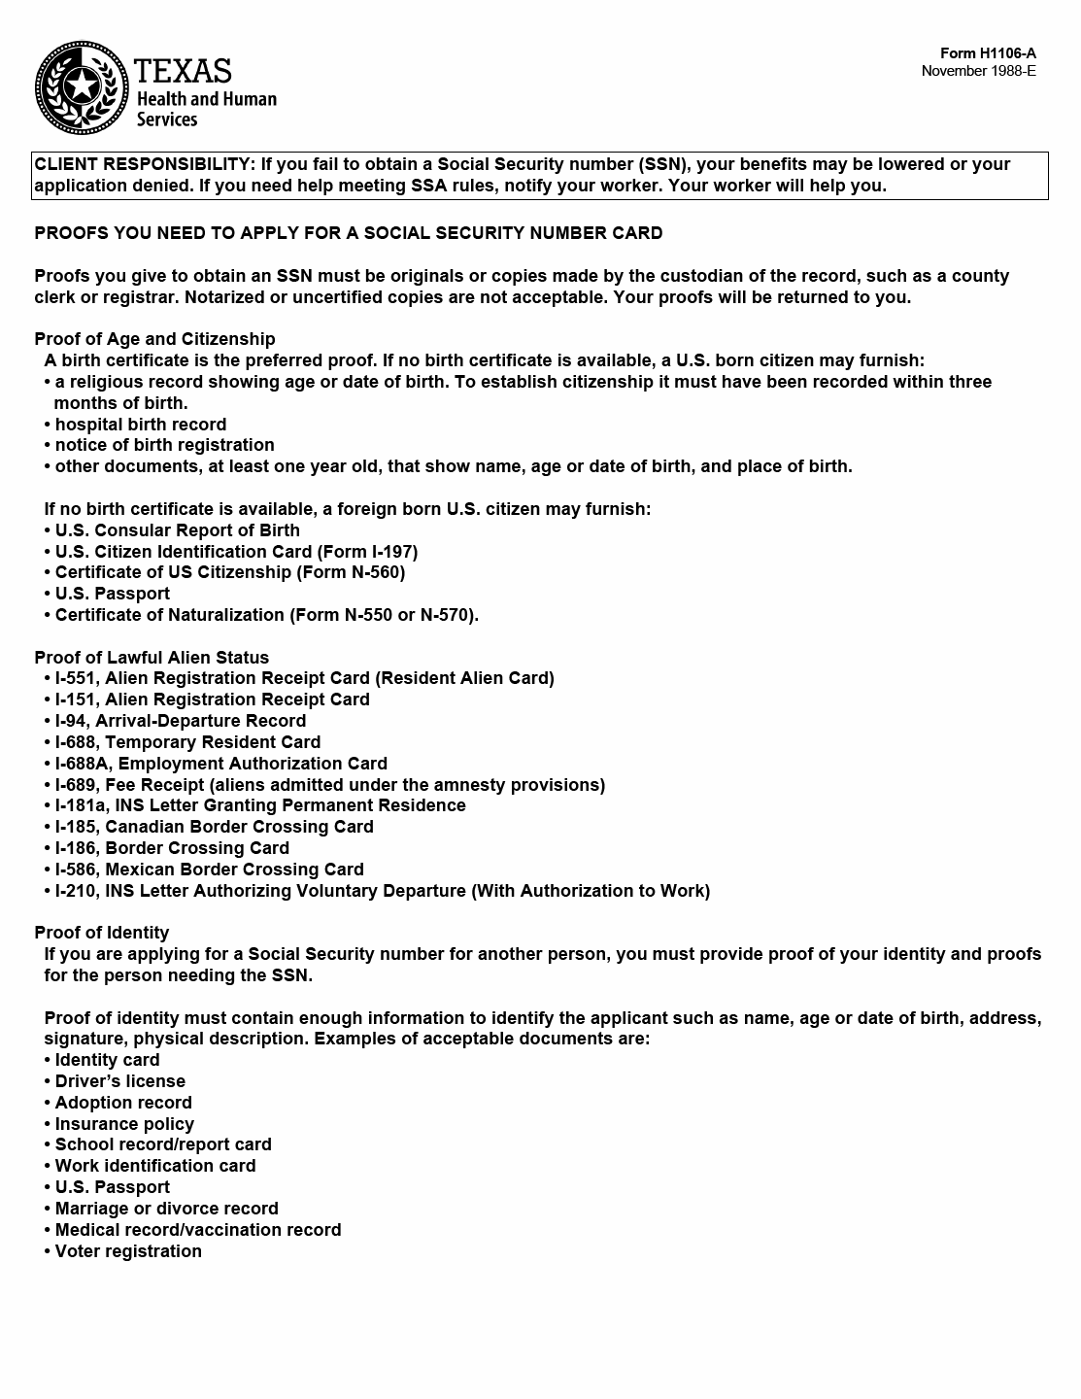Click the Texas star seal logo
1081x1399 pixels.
[x=82, y=88]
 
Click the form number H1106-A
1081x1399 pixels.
[x=988, y=53]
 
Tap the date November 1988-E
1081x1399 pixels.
[x=978, y=71]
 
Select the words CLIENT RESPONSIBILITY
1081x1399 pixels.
[x=143, y=164]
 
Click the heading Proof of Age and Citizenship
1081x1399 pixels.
[x=154, y=339]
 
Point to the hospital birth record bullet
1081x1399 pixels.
[x=140, y=425]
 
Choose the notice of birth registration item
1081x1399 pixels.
[x=164, y=445]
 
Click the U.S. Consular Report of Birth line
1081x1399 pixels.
[x=177, y=530]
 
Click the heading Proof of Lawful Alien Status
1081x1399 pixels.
[x=152, y=658]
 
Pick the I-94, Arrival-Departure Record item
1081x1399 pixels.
[x=180, y=721]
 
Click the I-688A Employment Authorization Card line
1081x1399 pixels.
[x=220, y=764]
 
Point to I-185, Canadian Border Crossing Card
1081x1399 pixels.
[x=214, y=827]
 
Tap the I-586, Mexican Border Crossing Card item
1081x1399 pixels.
[x=209, y=870]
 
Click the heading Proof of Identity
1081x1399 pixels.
[x=101, y=933]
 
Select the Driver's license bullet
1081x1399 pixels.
[x=119, y=1081]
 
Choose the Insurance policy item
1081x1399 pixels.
[x=124, y=1124]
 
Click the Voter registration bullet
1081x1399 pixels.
[x=128, y=1251]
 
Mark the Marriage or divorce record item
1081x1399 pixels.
[x=166, y=1209]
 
